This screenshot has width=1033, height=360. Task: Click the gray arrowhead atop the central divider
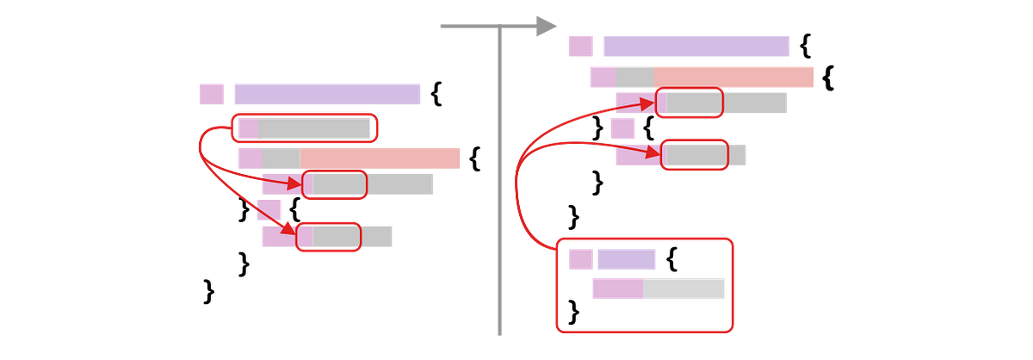pyautogui.click(x=546, y=26)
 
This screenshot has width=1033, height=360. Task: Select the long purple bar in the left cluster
pyautogui.click(x=327, y=95)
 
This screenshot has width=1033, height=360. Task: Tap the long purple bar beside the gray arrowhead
pyautogui.click(x=696, y=47)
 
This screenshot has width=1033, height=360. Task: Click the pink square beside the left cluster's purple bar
pyautogui.click(x=212, y=95)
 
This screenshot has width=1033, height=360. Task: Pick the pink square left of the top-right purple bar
pyautogui.click(x=581, y=47)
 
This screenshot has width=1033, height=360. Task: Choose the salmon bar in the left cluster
pyautogui.click(x=380, y=158)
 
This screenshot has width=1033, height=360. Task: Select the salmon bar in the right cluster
pyautogui.click(x=734, y=77)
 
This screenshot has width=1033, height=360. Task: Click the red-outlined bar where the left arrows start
pyautogui.click(x=304, y=128)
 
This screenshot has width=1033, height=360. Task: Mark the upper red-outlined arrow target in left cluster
pyautogui.click(x=334, y=184)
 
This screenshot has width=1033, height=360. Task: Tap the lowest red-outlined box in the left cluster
pyautogui.click(x=328, y=236)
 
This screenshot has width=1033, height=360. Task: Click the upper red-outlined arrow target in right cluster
pyautogui.click(x=690, y=103)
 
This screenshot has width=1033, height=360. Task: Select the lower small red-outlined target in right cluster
pyautogui.click(x=694, y=154)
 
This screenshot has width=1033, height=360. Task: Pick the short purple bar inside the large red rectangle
pyautogui.click(x=626, y=259)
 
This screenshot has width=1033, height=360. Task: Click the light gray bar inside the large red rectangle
pyautogui.click(x=684, y=289)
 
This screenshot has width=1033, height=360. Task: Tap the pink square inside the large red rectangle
pyautogui.click(x=580, y=259)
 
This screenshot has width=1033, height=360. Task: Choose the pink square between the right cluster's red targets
pyautogui.click(x=622, y=129)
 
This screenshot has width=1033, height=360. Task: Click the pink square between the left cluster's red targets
pyautogui.click(x=269, y=210)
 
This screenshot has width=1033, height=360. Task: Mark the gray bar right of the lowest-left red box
pyautogui.click(x=378, y=236)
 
